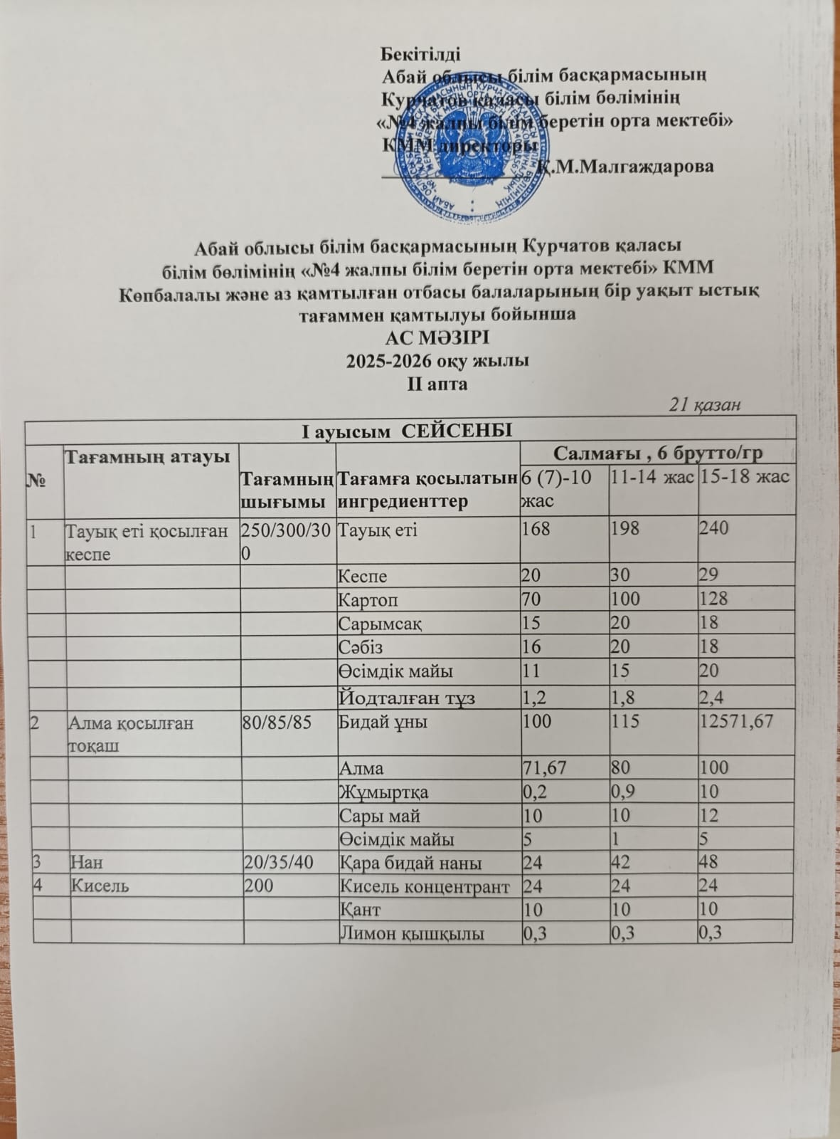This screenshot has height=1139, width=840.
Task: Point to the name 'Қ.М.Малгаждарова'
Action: point(625,167)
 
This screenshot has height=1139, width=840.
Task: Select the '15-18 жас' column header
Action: point(745,477)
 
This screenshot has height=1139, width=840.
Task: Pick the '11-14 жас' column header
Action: point(652,477)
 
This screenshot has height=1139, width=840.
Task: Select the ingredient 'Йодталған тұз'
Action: point(407,698)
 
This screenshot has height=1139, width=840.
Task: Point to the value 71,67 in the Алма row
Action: point(546,768)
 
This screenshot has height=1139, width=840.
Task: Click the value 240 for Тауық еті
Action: point(714,530)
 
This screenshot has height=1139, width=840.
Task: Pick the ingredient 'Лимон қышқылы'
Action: point(413,933)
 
